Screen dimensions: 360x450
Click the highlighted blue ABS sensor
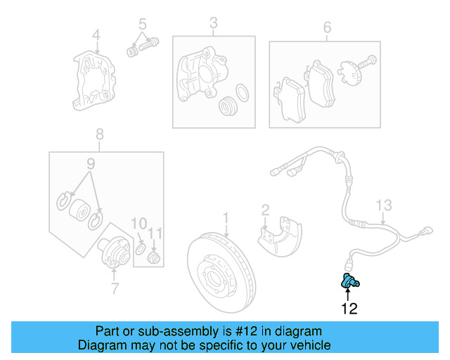click(349, 283)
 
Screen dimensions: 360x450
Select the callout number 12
click(349, 309)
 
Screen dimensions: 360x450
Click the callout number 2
click(265, 209)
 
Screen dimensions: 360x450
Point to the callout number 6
click(327, 27)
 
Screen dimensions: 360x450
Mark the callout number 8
click(99, 134)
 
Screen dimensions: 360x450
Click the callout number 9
click(90, 164)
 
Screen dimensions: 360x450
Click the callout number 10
click(139, 224)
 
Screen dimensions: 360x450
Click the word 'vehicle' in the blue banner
click(308, 345)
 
